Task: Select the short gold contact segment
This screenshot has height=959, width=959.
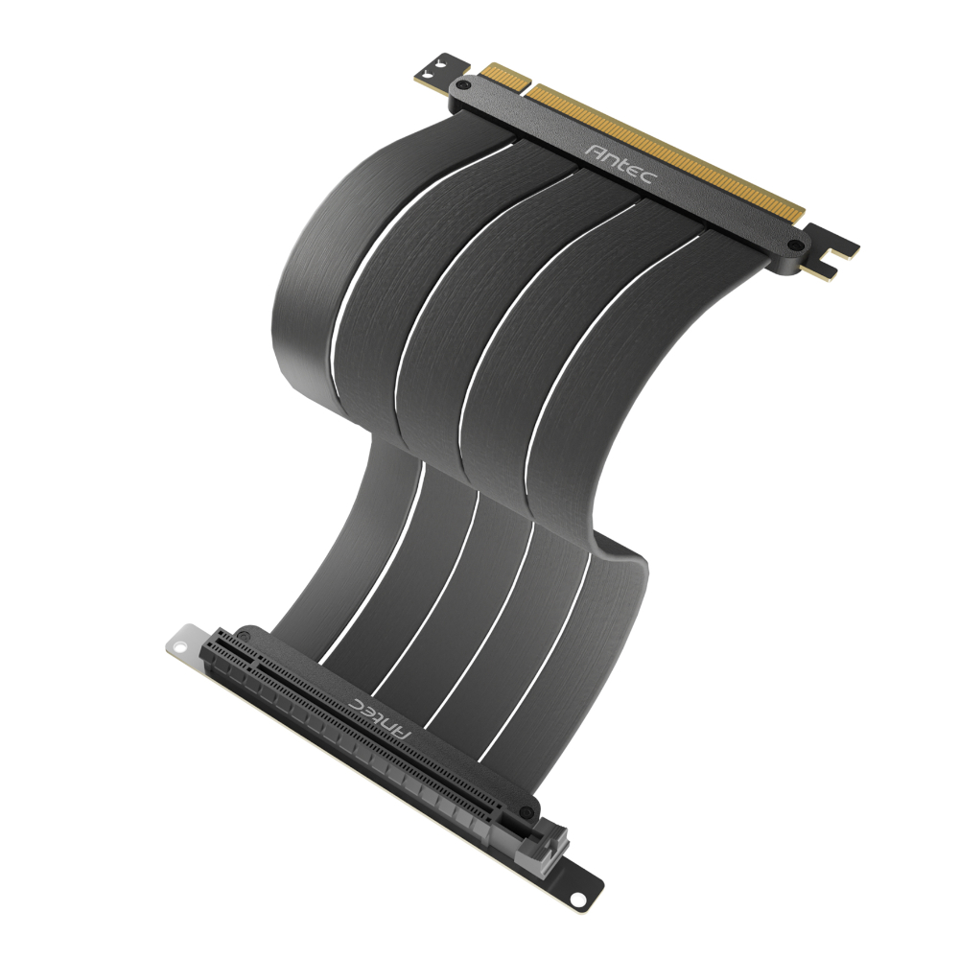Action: [x=503, y=76]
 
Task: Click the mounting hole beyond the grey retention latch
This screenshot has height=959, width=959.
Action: [x=578, y=899]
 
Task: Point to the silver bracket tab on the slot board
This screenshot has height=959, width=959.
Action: [x=184, y=644]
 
